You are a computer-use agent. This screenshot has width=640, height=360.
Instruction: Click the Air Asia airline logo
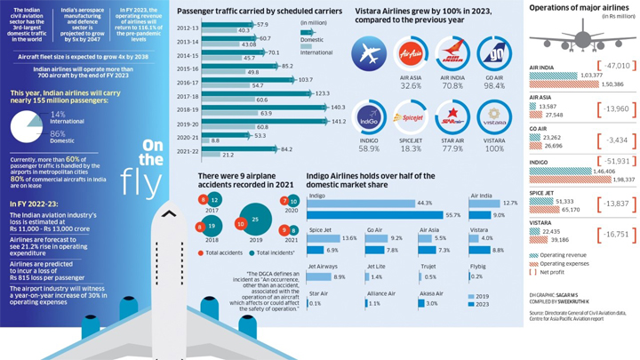tap(412, 53)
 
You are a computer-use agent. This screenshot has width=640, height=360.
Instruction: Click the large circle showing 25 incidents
tap(255, 218)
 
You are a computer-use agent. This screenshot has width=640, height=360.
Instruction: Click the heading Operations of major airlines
tap(581, 7)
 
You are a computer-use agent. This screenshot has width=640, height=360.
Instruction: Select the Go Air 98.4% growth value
tap(493, 86)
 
